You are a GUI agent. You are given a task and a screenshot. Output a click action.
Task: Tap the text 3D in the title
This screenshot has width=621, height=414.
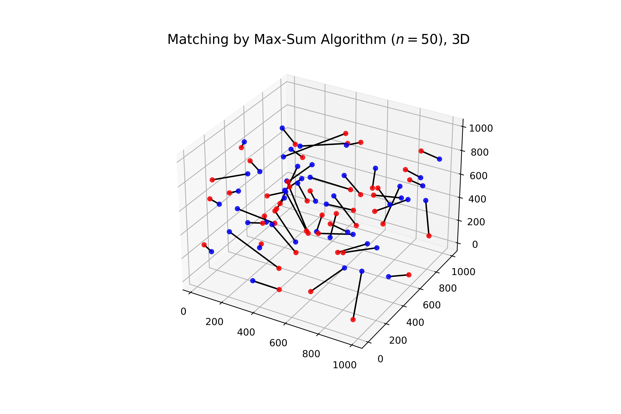(x=461, y=40)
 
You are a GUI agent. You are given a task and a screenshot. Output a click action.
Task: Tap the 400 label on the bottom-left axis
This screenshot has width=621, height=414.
(x=246, y=332)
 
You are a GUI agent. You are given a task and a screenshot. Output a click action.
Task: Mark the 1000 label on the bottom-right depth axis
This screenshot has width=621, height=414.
(x=463, y=272)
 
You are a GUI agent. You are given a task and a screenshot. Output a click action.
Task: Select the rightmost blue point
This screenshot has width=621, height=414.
(x=439, y=159)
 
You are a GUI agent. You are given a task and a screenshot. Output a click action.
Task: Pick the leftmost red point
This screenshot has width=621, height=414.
(x=204, y=245)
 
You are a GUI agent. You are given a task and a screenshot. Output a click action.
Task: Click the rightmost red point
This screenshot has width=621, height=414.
(x=429, y=236)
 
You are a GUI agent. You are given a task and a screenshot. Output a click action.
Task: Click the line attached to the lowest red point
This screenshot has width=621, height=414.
(x=358, y=295)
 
